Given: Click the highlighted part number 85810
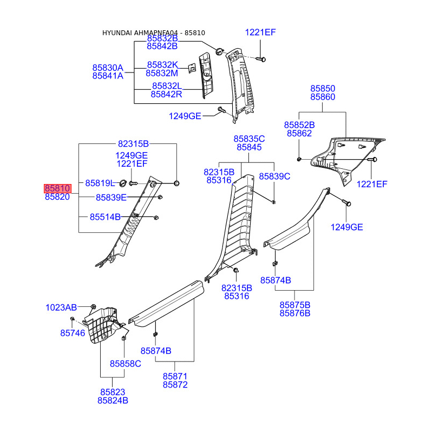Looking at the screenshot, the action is tap(57, 188).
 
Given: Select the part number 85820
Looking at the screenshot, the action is tap(57, 197).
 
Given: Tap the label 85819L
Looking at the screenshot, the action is tap(100, 183).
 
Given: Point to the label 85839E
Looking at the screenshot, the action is tap(111, 198).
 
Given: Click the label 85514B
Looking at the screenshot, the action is tap(105, 217).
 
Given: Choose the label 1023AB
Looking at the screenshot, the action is tap(61, 307).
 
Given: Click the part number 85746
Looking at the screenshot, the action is tap(73, 333).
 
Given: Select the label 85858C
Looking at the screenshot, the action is tap(126, 364).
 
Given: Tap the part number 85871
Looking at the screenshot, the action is tap(175, 376).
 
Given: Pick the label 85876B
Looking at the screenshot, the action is tap(295, 313).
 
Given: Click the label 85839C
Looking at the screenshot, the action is tap(274, 176).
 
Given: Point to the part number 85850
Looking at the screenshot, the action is tap(323, 89).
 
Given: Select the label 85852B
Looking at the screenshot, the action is tap(299, 125).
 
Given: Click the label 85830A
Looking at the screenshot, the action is tap(108, 68).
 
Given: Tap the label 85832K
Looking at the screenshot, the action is tap(162, 65).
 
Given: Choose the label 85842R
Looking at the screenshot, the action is tap(166, 94).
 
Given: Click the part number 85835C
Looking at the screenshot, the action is tap(249, 139).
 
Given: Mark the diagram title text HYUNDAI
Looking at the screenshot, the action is tap(117, 33).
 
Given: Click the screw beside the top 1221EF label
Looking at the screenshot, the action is tap(261, 59).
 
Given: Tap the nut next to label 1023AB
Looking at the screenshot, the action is tap(93, 306).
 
